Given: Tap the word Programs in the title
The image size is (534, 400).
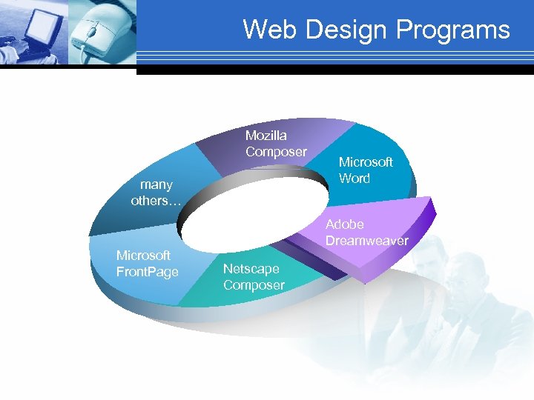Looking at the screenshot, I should pos(453,30).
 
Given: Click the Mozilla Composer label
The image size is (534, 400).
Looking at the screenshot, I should pos(276,144).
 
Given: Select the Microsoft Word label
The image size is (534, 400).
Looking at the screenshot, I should pos(366,170).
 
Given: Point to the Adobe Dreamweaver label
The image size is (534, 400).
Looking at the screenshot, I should pos(366,233).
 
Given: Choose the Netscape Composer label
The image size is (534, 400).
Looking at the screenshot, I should pos(254,277).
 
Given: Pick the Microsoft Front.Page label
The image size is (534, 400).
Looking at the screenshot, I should pos(148,264).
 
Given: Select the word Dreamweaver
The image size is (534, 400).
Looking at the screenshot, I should pos(366,241).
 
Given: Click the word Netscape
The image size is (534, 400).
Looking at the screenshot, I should pos(251,269).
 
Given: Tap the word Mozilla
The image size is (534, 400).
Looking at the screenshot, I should pos(266,136).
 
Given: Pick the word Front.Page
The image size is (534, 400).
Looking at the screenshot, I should pos(148,272).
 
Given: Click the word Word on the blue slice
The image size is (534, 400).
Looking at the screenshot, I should pos(355,178).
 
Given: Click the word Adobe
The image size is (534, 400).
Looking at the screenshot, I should pos(345,224).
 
